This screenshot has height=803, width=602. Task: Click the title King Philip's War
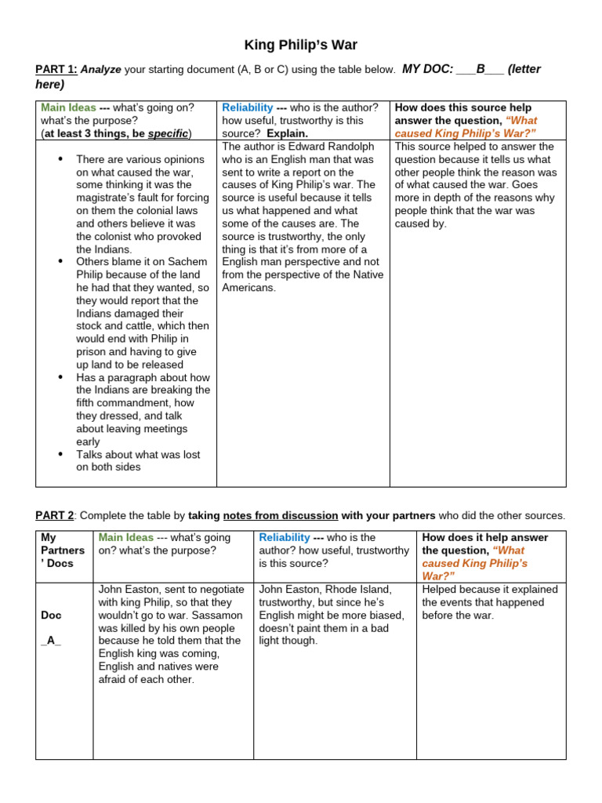point(302,45)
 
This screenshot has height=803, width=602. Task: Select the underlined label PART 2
point(55,515)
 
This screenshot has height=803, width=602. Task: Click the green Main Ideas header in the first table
point(68,107)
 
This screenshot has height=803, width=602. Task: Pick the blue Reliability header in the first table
point(248,107)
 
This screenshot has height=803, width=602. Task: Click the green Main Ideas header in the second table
point(125,537)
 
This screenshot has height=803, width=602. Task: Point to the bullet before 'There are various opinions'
point(60,159)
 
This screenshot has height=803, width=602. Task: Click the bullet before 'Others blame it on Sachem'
point(60,261)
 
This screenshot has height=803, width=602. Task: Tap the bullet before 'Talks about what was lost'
point(60,454)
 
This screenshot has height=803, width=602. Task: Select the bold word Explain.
point(287,133)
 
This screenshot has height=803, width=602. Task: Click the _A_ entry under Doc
point(51,641)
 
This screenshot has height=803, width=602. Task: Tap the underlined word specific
point(168,133)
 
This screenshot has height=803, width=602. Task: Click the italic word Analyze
point(101,70)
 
